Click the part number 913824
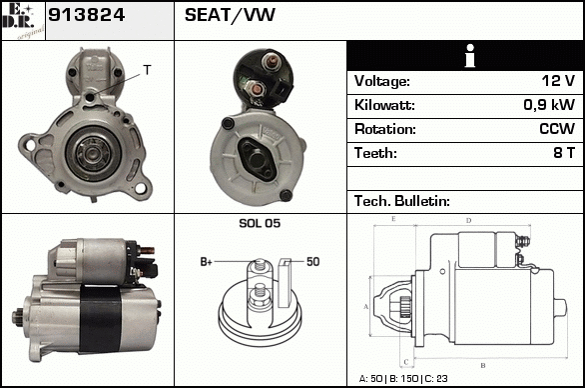click(86, 15)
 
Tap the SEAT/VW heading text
click(230, 15)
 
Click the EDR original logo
click(23, 21)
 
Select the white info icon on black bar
click(470, 56)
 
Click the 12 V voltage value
click(558, 80)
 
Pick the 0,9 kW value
click(549, 105)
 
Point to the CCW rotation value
click(557, 129)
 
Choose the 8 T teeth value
click(564, 153)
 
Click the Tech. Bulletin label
click(402, 201)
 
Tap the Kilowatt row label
click(384, 105)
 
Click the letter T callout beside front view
click(148, 70)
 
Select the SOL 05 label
click(260, 223)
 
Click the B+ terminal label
click(206, 262)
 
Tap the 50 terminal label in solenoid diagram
click(313, 262)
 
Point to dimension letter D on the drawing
click(468, 221)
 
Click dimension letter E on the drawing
click(393, 219)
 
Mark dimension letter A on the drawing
click(366, 307)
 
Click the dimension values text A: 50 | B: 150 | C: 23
click(403, 379)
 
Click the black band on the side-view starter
click(100, 319)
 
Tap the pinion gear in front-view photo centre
click(92, 152)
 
